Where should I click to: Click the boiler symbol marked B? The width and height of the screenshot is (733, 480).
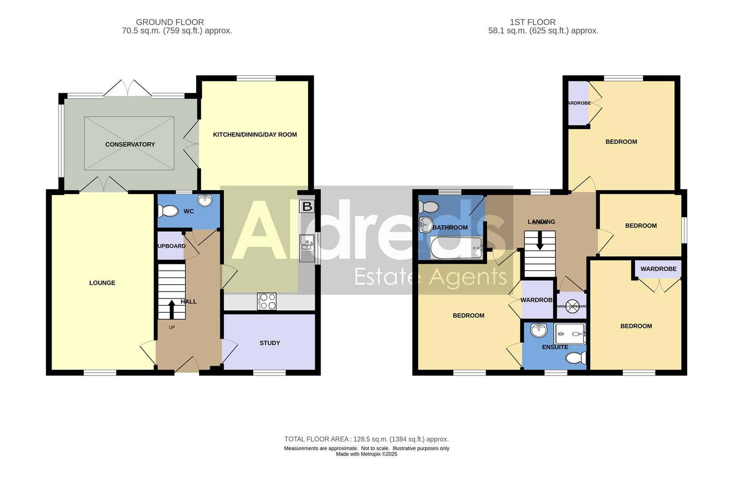click(306, 206)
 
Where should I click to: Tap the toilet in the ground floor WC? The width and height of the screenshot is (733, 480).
click(168, 210)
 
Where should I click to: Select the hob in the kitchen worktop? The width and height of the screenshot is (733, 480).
click(267, 301)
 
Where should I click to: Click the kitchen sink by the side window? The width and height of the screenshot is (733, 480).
click(306, 248)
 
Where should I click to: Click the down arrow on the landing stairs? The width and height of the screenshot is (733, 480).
click(540, 242)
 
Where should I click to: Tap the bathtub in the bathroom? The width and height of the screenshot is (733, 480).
click(456, 248)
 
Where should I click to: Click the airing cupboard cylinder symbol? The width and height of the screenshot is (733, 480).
click(572, 306)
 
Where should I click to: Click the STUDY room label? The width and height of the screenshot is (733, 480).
click(269, 343)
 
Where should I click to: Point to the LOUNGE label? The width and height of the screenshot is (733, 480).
click(102, 283)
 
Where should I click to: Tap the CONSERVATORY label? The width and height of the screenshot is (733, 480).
click(130, 144)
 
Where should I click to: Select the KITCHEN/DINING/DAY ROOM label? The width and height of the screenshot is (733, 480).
click(255, 135)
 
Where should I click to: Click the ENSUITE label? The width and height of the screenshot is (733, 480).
click(555, 347)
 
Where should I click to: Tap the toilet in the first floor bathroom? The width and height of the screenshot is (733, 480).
click(429, 207)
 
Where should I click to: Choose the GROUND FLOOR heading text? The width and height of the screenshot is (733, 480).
click(170, 22)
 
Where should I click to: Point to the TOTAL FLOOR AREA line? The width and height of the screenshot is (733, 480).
click(366, 439)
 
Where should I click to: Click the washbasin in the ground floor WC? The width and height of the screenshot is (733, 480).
click(205, 200)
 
